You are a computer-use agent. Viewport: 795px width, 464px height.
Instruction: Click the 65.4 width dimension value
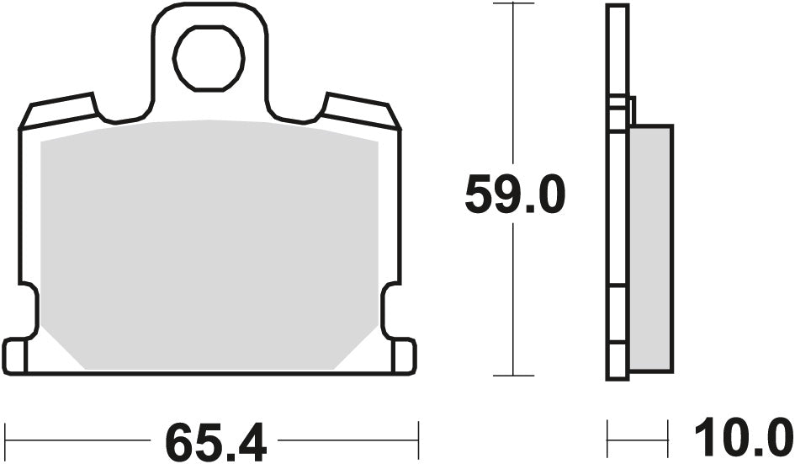pos(215,440)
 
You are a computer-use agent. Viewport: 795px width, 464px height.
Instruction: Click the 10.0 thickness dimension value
pos(740,440)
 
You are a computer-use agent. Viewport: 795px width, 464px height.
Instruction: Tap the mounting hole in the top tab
pos(209,58)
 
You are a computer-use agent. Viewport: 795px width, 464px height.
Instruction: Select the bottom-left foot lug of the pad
pos(16,355)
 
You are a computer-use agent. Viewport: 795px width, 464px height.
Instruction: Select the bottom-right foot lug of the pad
pos(403,355)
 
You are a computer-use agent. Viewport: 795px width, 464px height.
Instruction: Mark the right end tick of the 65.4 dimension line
pos(418,440)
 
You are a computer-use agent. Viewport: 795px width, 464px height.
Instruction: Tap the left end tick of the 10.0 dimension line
pos(607,440)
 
